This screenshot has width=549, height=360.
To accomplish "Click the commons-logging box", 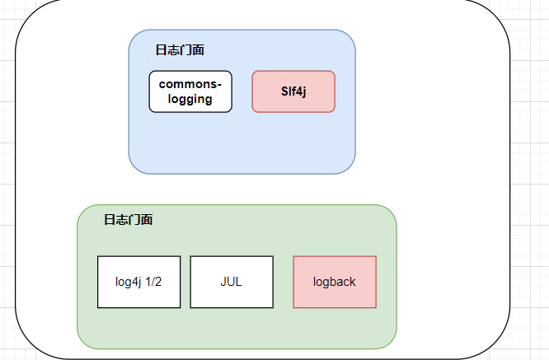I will [x=190, y=91].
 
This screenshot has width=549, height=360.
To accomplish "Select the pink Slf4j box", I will [x=293, y=91].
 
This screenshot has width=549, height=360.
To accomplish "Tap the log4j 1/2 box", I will [x=138, y=282].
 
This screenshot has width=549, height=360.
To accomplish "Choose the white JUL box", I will [x=232, y=282].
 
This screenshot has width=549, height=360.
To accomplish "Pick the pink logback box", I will [x=335, y=282].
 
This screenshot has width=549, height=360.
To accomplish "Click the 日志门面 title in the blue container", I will [x=180, y=50].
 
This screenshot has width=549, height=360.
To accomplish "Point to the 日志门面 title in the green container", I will [x=128, y=220].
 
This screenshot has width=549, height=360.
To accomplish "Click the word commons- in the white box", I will [x=190, y=84].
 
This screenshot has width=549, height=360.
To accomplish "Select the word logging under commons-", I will [x=190, y=99].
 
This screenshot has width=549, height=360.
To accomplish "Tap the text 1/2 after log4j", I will [x=152, y=282].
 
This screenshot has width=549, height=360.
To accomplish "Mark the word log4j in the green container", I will [x=129, y=282].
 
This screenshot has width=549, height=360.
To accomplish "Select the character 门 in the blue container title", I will [x=186, y=50].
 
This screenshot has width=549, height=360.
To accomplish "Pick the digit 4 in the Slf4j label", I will [x=298, y=91].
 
